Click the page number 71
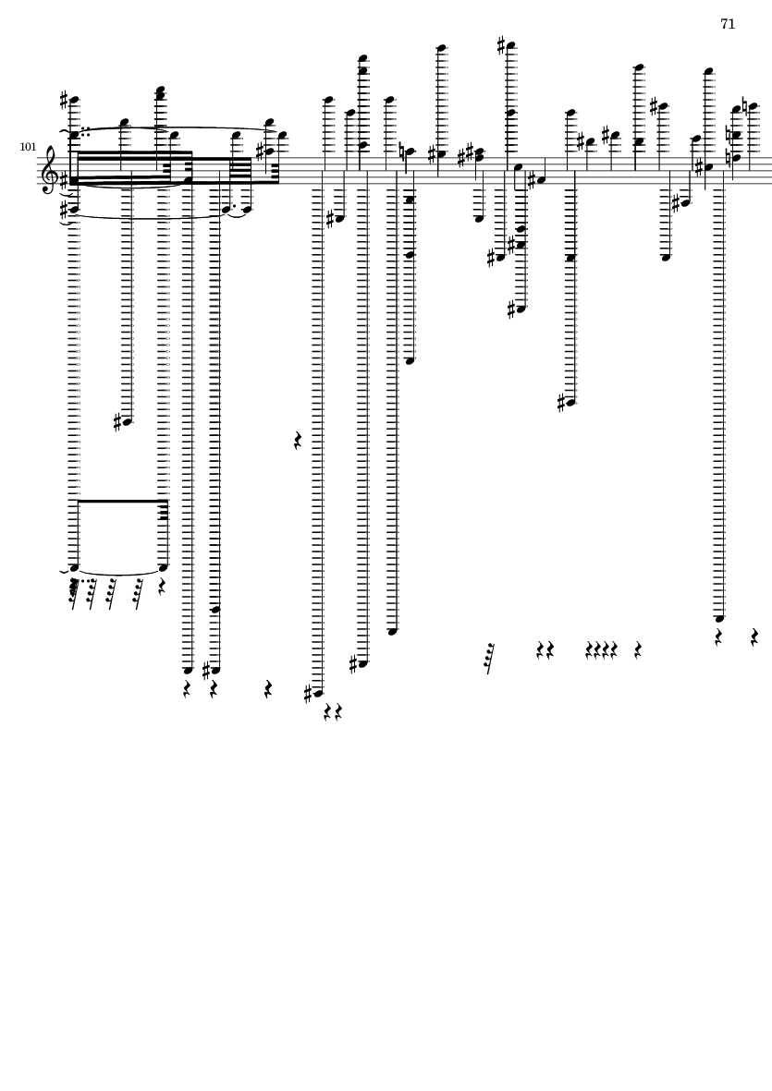(x=728, y=24)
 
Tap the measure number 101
(x=27, y=146)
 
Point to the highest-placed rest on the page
(x=298, y=441)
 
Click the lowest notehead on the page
(x=318, y=692)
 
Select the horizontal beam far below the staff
(x=120, y=502)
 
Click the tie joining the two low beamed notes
(x=120, y=573)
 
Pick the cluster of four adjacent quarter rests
(x=601, y=651)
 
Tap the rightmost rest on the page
(x=755, y=636)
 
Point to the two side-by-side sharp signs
(x=470, y=152)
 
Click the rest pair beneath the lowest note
(x=333, y=712)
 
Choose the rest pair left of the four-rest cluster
(x=545, y=651)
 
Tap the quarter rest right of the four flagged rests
(x=163, y=587)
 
